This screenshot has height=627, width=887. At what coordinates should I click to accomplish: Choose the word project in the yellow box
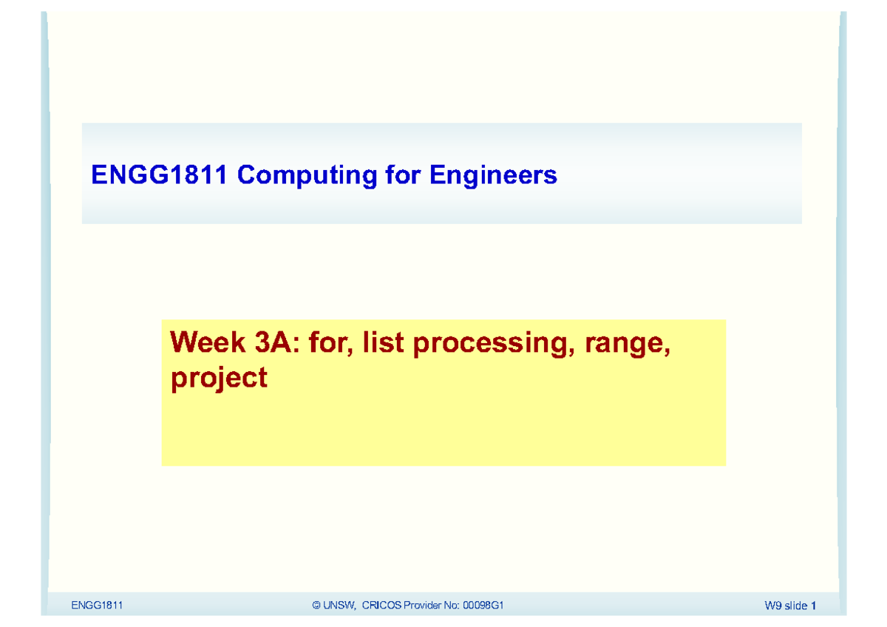pyautogui.click(x=219, y=379)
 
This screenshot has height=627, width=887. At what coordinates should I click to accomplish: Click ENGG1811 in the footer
pyautogui.click(x=96, y=606)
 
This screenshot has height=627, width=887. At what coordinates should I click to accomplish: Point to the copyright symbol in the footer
pyautogui.click(x=316, y=606)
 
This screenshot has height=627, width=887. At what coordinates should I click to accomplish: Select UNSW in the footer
pyautogui.click(x=341, y=606)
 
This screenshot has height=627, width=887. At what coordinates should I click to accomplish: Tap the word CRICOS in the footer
pyautogui.click(x=381, y=606)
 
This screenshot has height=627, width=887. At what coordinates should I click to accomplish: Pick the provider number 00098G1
pyautogui.click(x=483, y=606)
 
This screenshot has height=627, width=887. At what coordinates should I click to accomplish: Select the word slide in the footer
pyautogui.click(x=797, y=606)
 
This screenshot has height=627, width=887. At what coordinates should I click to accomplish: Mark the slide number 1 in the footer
pyautogui.click(x=813, y=606)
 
